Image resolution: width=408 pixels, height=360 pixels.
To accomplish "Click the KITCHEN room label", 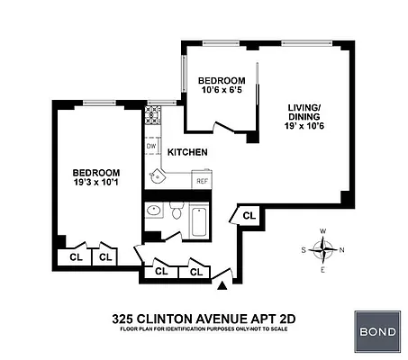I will pyautogui.click(x=188, y=152).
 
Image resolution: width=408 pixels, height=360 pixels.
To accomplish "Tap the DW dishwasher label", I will pyautogui.click(x=151, y=146).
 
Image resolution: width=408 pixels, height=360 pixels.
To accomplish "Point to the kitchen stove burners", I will pyautogui.click(x=152, y=116).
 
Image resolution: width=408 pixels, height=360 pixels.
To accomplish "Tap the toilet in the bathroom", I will pyautogui.click(x=175, y=212).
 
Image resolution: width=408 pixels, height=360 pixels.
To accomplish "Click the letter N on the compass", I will pyautogui.click(x=341, y=250).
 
